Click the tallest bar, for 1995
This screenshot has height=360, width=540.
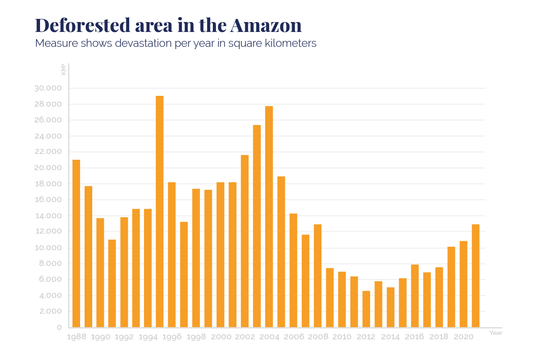coord(159,211)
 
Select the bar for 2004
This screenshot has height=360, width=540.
coord(269,216)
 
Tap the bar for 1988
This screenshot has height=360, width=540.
coord(76,243)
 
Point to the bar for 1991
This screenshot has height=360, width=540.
coord(112,283)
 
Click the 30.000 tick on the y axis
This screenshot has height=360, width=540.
coord(47,88)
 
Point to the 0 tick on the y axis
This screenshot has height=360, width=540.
coord(59,328)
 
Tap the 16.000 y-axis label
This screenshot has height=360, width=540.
coord(47,200)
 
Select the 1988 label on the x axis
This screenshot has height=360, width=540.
coord(76,337)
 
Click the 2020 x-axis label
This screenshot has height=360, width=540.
coord(463,337)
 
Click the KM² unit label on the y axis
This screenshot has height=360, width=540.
coord(63,70)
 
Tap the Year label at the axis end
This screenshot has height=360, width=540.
coord(495,333)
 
